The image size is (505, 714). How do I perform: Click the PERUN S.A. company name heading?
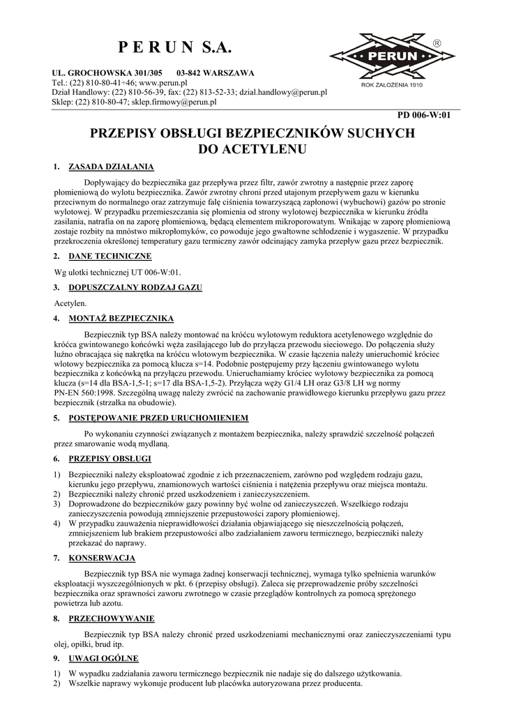coord(174,47)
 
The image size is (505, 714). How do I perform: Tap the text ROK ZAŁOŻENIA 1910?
coord(393,85)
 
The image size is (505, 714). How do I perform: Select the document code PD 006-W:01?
coord(423,115)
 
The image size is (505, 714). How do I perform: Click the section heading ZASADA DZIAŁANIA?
coord(111,167)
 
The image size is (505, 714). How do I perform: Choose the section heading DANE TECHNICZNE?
coord(111,256)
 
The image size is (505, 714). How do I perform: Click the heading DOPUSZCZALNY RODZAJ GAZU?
coord(135,287)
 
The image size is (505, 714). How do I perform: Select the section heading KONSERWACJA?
coord(102,558)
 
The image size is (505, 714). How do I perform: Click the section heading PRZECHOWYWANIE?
coord(112,618)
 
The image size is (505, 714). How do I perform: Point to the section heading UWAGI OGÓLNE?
coord(104,658)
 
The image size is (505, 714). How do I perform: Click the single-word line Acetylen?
coord(70,303)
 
